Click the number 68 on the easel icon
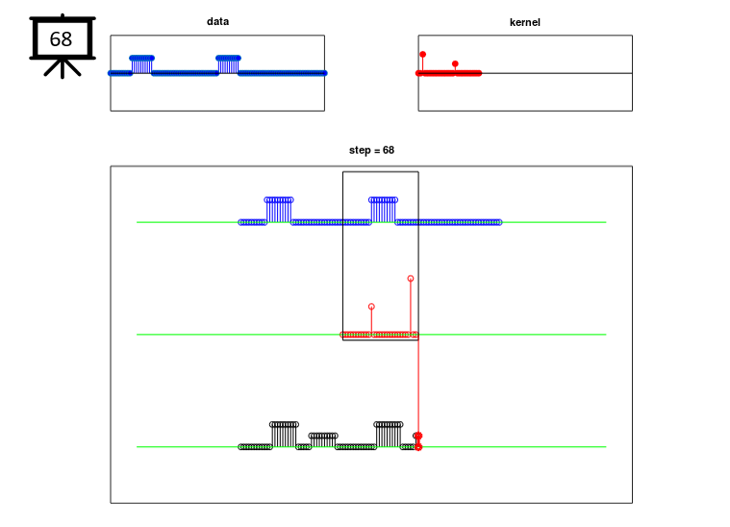pos(61,39)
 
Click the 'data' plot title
pos(217,21)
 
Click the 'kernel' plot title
pos(525,22)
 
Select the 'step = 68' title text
pos(371,150)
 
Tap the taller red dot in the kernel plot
pos(423,55)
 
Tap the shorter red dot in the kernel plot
pos(455,63)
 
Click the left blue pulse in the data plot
pos(142,64)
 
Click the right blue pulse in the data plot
pos(228,64)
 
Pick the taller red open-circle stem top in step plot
pos(410,278)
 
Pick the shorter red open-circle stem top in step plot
pos(371,307)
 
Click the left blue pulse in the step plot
pos(279,210)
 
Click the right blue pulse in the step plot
pos(383,210)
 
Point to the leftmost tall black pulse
pos(284,435)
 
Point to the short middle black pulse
pos(323,440)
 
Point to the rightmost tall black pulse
pos(389,435)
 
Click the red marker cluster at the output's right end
pos(418,441)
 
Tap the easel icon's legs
pos(63,67)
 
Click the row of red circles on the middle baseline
pos(379,335)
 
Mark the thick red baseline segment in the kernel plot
pos(448,73)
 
